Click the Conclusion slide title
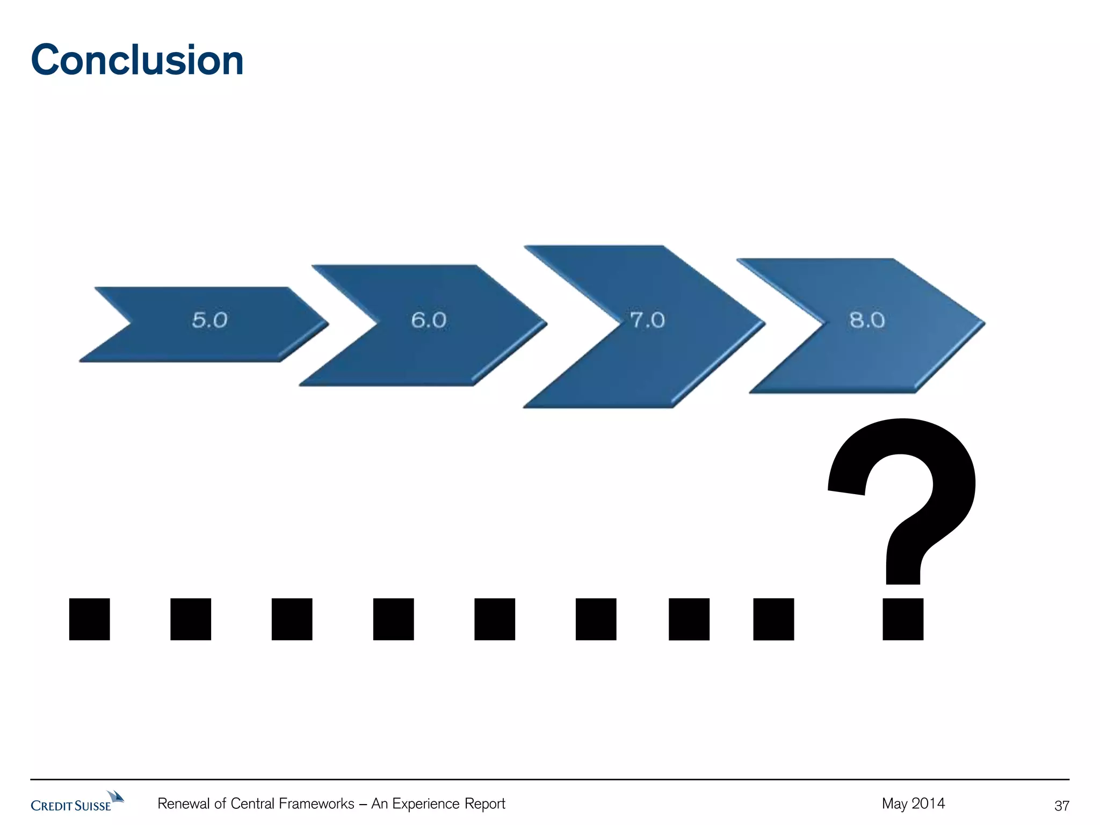click(x=137, y=60)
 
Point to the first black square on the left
click(x=90, y=619)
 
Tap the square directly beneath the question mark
click(x=903, y=619)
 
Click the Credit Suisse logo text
click(x=70, y=806)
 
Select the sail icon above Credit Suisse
click(x=115, y=796)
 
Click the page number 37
click(x=1061, y=806)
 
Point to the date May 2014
click(x=913, y=804)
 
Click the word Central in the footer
click(x=253, y=804)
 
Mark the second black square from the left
click(x=191, y=619)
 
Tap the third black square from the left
click(x=292, y=619)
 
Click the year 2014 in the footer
click(x=928, y=804)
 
